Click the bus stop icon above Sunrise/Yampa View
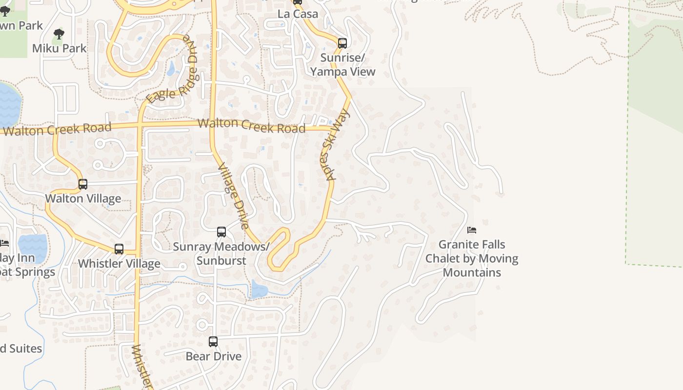(x=342, y=43)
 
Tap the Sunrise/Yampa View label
(x=343, y=65)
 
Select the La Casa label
(x=298, y=14)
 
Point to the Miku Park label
(x=59, y=48)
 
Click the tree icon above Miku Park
(x=59, y=34)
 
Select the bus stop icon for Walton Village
(x=83, y=184)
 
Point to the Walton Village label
(x=83, y=198)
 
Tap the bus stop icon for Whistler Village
(x=119, y=249)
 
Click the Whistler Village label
(x=119, y=264)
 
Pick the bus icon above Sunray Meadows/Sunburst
(x=221, y=232)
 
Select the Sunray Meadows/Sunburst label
(x=221, y=253)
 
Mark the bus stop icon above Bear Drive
(x=213, y=342)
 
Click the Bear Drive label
(x=214, y=356)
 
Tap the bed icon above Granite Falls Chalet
(x=472, y=230)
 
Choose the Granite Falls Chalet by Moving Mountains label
(x=472, y=258)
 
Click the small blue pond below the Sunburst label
(x=259, y=290)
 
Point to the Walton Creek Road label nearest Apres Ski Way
(x=251, y=125)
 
